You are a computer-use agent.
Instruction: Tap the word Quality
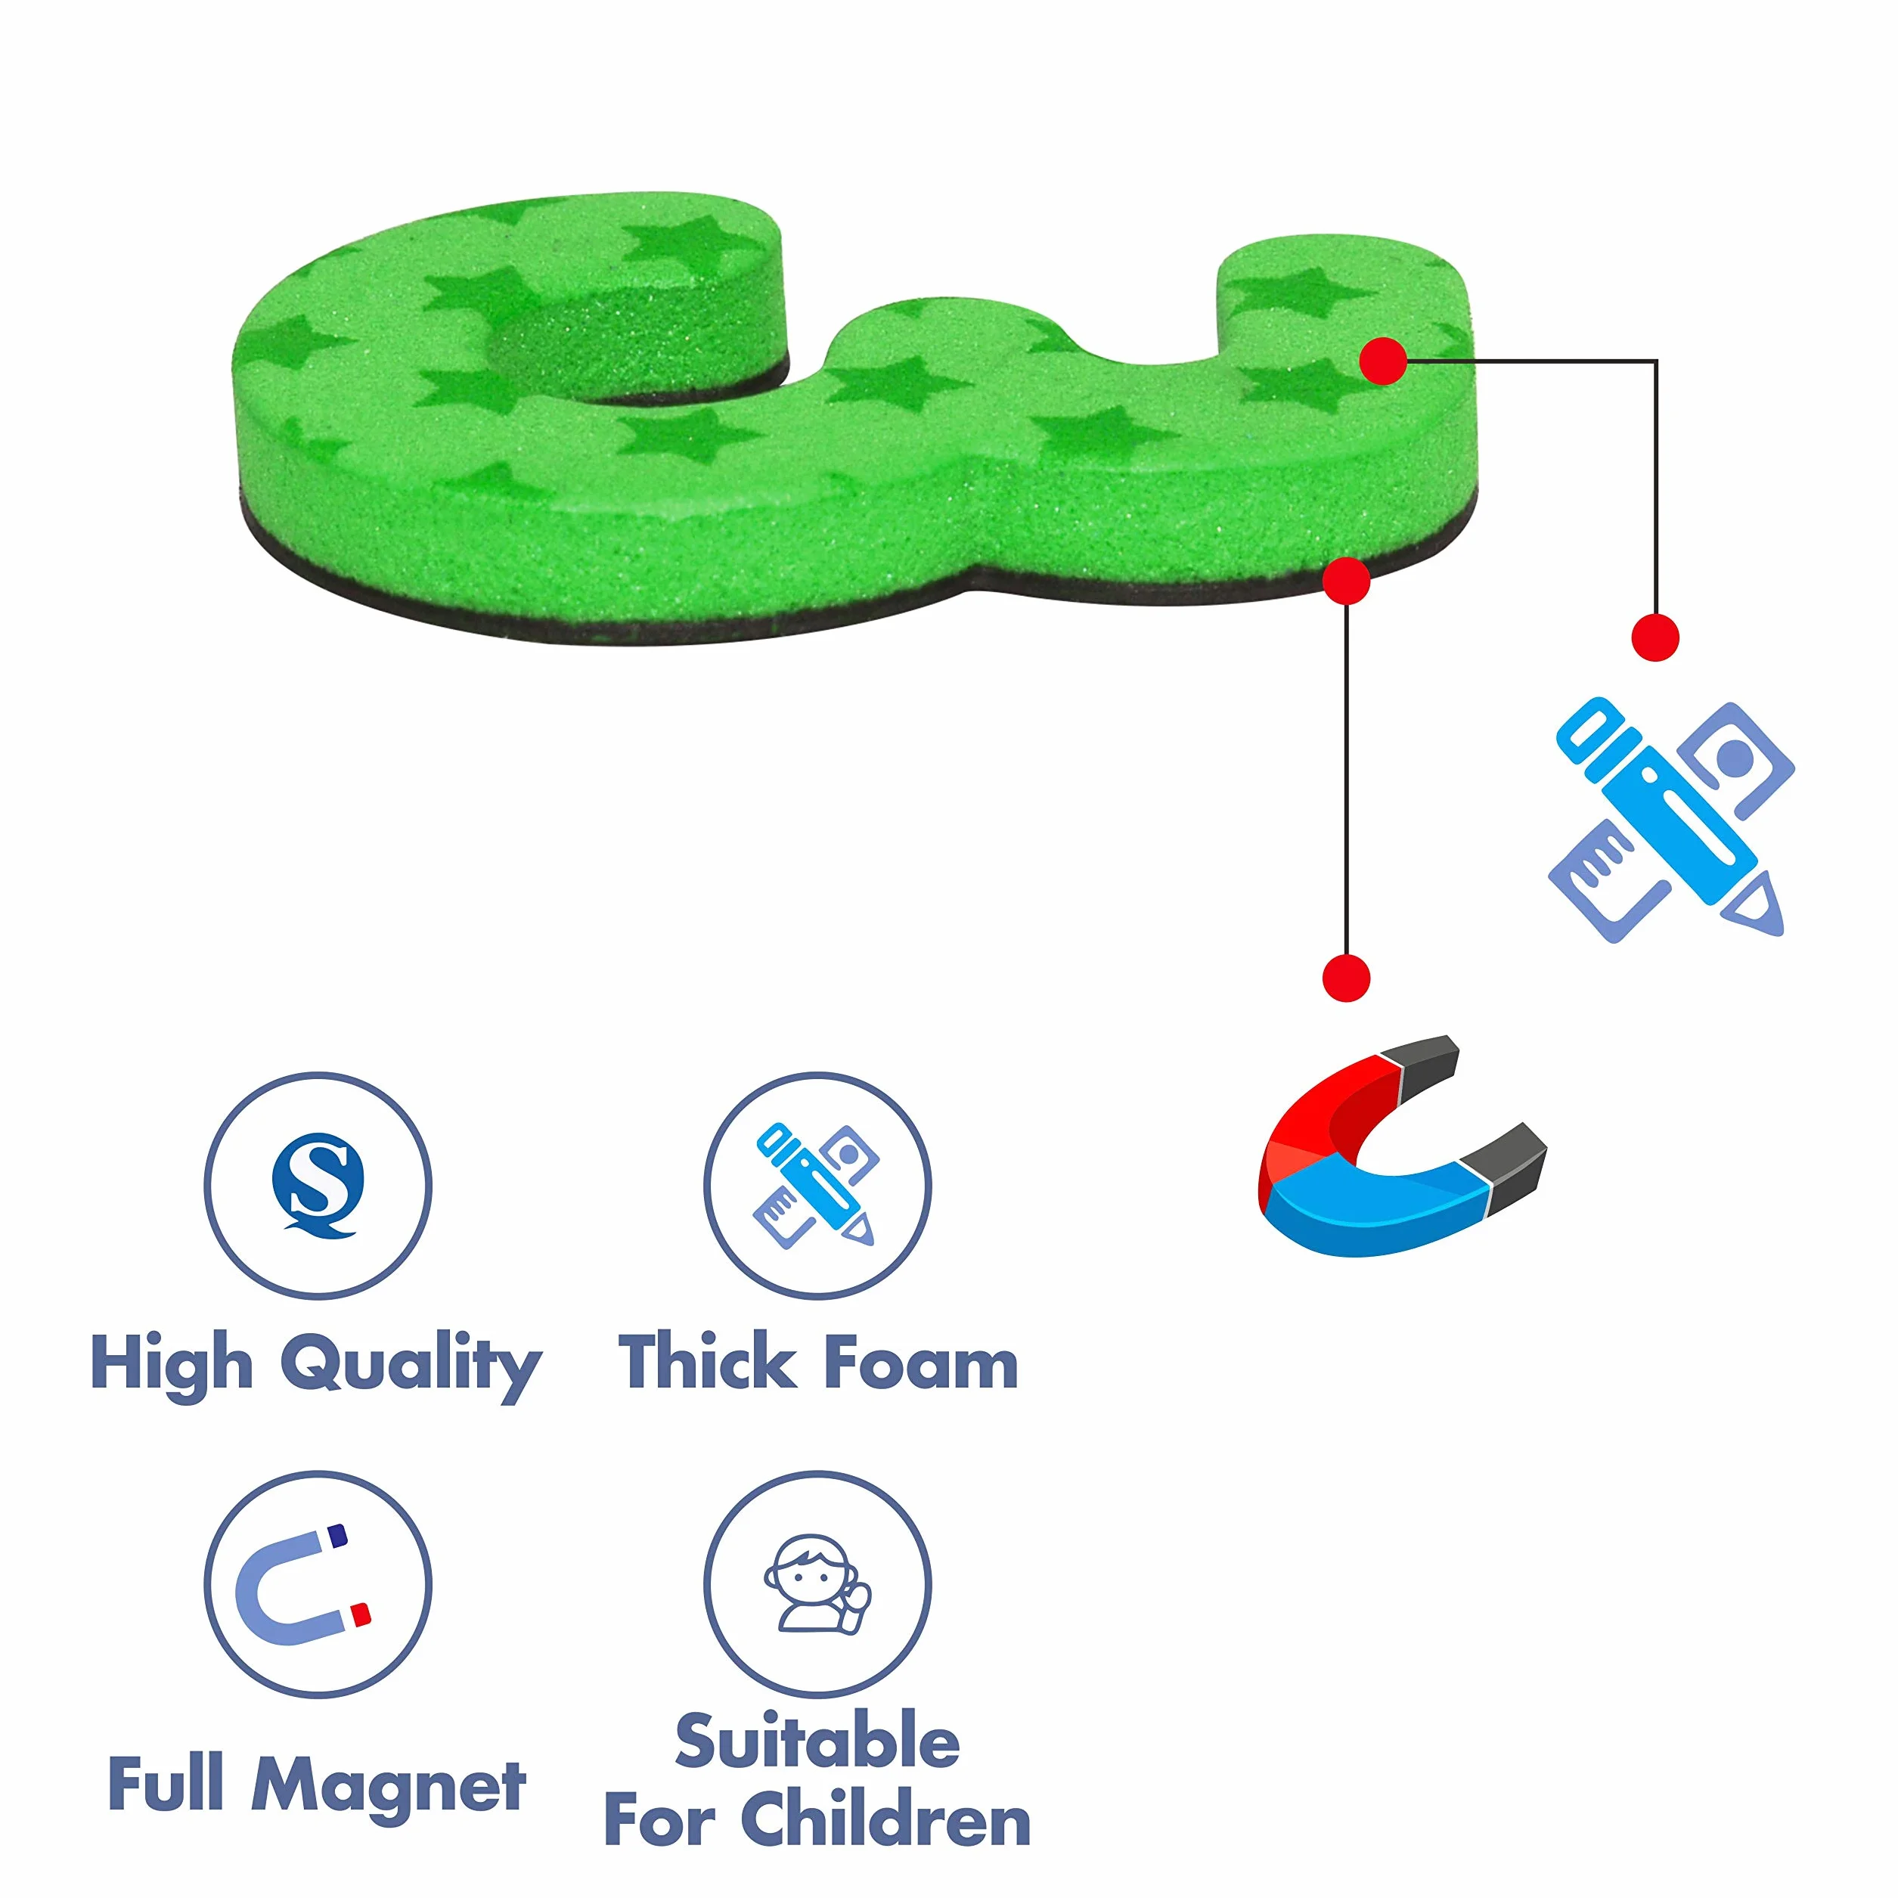411,1365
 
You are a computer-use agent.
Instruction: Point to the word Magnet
390,1785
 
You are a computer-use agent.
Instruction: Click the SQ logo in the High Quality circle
318,1184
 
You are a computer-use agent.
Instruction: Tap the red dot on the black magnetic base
1346,581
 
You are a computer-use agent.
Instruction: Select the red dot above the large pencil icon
1655,637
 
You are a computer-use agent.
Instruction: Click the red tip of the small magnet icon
361,1614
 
